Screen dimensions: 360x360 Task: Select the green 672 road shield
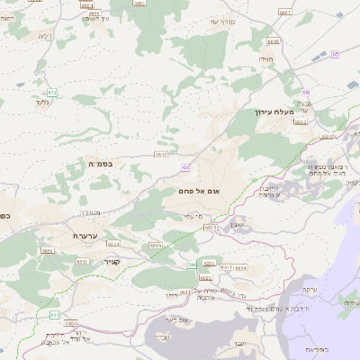[x=52, y=92]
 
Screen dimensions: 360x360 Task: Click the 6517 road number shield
[x=162, y=155]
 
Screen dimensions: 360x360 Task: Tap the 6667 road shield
[x=285, y=13]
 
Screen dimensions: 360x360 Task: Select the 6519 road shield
[x=156, y=245]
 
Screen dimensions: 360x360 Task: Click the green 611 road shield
[x=55, y=315]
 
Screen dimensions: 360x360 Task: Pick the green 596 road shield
[x=192, y=264]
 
